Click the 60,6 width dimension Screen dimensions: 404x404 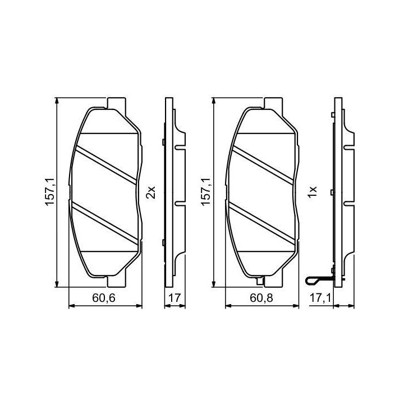104,298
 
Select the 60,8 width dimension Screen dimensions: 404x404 261,298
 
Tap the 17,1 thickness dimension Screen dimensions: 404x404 320,298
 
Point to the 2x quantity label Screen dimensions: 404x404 151,192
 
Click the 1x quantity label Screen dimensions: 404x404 312,192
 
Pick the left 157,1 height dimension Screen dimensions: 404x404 50,192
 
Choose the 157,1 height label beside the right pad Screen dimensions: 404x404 206,192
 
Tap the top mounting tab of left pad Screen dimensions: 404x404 117,103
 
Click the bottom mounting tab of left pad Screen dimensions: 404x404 117,281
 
